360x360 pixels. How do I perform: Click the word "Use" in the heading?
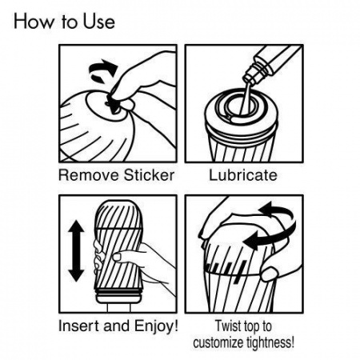[98, 22]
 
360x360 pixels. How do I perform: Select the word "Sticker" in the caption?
[149, 175]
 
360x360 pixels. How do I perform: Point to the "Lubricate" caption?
[243, 175]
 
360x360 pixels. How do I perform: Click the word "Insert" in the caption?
[79, 326]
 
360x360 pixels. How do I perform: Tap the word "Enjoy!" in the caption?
[156, 326]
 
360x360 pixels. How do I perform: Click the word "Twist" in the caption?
[227, 326]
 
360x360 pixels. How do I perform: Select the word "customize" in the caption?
[218, 342]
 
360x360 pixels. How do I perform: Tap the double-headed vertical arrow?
[76, 251]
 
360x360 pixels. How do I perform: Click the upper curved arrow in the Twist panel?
[277, 210]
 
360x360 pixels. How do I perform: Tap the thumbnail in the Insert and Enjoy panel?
[117, 257]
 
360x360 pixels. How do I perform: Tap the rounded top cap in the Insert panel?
[118, 214]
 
